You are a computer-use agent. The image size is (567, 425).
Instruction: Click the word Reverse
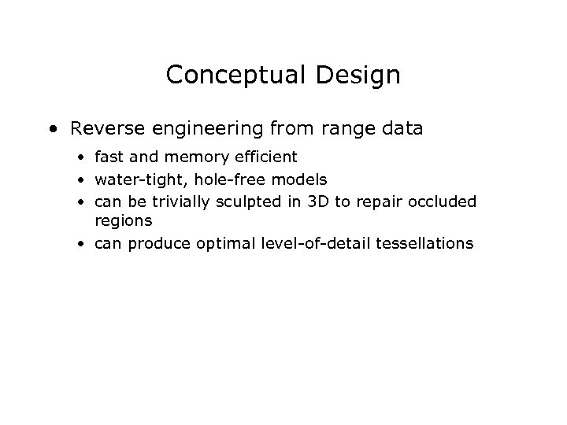[x=100, y=128]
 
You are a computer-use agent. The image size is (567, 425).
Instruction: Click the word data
[x=402, y=128]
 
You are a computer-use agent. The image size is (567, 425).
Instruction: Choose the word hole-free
[x=216, y=179]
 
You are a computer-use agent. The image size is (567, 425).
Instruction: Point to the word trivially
[x=176, y=201]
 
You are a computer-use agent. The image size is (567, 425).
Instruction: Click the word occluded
[x=444, y=201]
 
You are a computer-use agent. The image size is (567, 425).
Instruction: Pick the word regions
[x=124, y=223]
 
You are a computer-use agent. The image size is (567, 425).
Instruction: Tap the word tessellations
[x=424, y=244]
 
